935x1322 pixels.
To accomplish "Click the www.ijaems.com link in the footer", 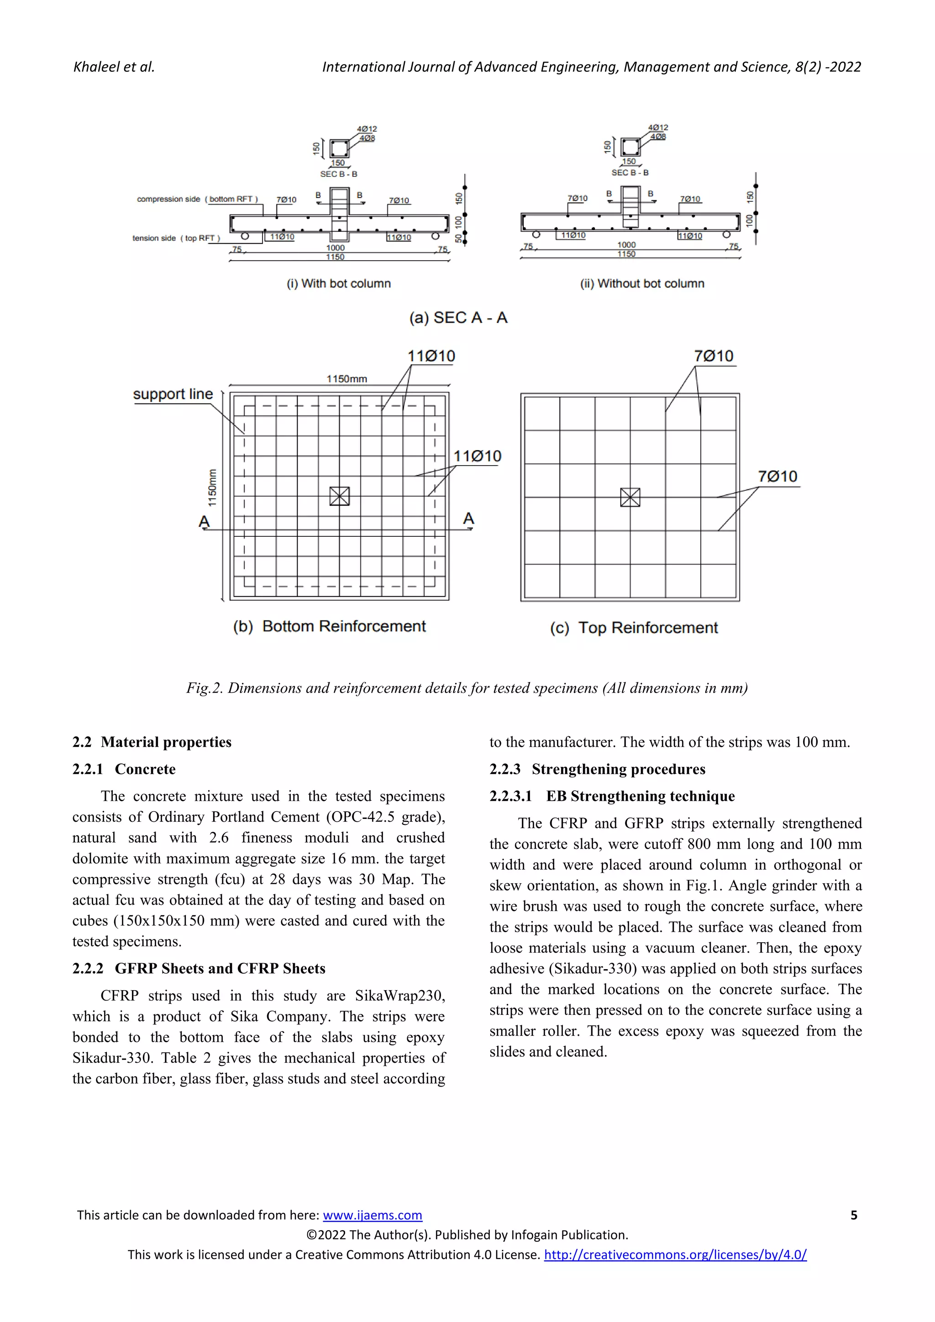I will pyautogui.click(x=372, y=1215).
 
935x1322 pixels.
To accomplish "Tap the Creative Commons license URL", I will pyautogui.click(x=675, y=1254).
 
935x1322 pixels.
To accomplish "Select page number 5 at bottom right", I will pyautogui.click(x=854, y=1215).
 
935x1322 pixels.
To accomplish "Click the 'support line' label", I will pyautogui.click(x=173, y=394).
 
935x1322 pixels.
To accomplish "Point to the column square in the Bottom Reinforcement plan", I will pyautogui.click(x=340, y=496).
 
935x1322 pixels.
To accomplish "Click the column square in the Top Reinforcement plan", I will pyautogui.click(x=630, y=497).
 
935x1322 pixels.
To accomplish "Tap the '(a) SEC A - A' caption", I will pyautogui.click(x=458, y=318).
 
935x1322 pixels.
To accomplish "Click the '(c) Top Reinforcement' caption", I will pyautogui.click(x=634, y=628).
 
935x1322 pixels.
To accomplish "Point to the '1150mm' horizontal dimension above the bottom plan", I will pyautogui.click(x=347, y=379).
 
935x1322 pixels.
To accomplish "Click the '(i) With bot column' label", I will pyautogui.click(x=339, y=283).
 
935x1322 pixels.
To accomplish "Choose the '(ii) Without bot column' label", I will pyautogui.click(x=642, y=283).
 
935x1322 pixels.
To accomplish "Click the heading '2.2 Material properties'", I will pyautogui.click(x=152, y=742).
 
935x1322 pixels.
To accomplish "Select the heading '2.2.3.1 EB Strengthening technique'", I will pyautogui.click(x=612, y=796).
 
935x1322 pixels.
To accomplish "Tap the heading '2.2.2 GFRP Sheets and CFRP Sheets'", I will pyautogui.click(x=199, y=969).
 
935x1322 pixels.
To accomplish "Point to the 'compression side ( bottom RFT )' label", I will pyautogui.click(x=198, y=199).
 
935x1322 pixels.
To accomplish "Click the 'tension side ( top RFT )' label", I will pyautogui.click(x=176, y=238).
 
